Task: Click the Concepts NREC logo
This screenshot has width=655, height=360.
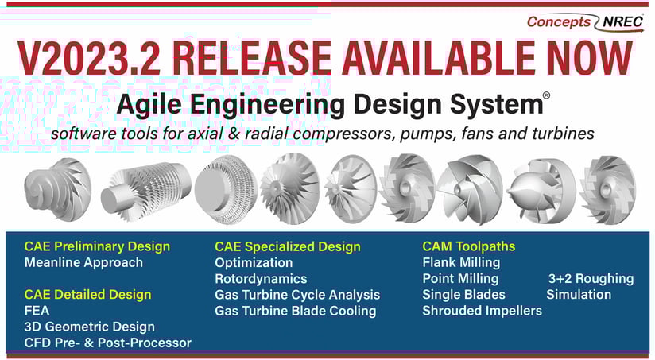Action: pos(585,21)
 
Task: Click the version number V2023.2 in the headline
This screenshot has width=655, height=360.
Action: pos(89,58)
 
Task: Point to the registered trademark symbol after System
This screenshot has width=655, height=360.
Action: pos(546,95)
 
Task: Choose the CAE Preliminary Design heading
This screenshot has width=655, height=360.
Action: pos(97,246)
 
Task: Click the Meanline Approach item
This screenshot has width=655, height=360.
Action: pos(83,263)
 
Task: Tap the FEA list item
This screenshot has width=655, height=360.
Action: pos(37,311)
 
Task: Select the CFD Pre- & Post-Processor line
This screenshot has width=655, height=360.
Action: pos(108,343)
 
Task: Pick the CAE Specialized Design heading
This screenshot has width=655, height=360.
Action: pos(288,246)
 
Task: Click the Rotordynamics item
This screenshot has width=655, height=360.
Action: pos(261,279)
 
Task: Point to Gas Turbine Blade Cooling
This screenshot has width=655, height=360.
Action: pos(296,311)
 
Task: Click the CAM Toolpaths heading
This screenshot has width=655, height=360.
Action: pos(469,246)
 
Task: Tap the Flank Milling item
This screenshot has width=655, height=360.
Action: pos(461,263)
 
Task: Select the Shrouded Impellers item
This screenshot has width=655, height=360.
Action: pos(482,311)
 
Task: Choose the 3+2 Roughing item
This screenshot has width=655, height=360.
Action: pos(591,279)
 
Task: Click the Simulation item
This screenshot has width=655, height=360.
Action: pos(579,295)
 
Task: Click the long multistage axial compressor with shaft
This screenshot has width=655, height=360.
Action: pos(146,191)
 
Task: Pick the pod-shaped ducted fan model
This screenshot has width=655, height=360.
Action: pos(541,192)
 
